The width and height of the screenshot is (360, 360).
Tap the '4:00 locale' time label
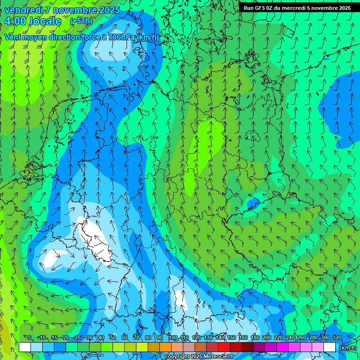[33, 21]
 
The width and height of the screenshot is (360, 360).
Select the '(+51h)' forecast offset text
[81, 21]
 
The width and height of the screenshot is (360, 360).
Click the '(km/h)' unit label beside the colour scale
[348, 348]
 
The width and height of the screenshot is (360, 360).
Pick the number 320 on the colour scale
[337, 337]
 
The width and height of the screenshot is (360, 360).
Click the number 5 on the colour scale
[30, 337]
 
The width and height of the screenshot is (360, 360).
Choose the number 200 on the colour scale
[267, 337]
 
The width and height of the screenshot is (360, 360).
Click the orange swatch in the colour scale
[165, 347]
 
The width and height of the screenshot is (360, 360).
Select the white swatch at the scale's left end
[25, 347]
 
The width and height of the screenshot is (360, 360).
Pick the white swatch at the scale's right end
[330, 347]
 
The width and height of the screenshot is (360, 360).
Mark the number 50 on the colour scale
[113, 337]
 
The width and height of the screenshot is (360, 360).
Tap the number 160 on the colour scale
[243, 337]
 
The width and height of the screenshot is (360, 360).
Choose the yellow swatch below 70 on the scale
[130, 347]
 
